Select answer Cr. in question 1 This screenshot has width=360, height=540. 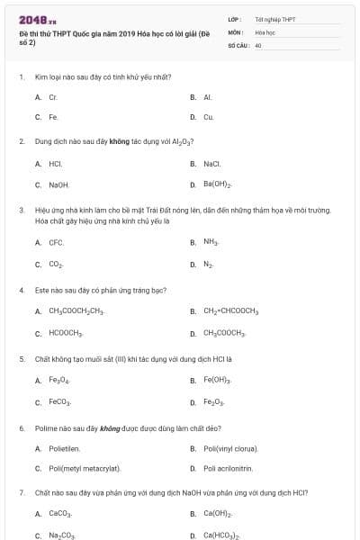click(53, 96)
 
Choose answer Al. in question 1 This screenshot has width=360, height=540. click(207, 96)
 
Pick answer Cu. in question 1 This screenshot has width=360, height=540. click(208, 117)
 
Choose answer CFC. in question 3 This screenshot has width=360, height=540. click(56, 243)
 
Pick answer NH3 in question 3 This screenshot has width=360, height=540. click(211, 243)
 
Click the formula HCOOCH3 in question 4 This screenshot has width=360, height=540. click(66, 333)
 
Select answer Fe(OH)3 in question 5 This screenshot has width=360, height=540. click(217, 380)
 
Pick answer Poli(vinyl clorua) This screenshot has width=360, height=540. click(230, 447)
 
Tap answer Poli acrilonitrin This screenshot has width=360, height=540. click(228, 469)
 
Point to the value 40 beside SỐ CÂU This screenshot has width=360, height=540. click(258, 44)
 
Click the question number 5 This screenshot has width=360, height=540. click(21, 358)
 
